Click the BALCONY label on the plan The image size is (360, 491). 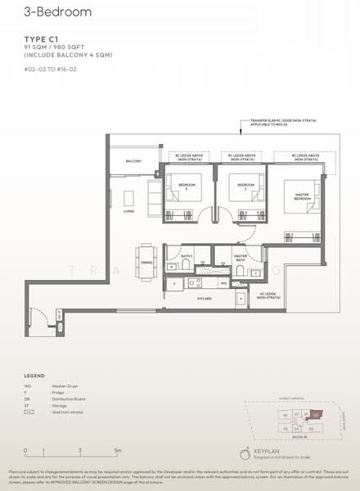click(x=133, y=162)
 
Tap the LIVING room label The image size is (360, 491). click(x=128, y=211)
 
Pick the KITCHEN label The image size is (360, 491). click(x=204, y=300)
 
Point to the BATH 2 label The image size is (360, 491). click(x=187, y=256)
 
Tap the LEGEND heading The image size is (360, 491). click(x=34, y=376)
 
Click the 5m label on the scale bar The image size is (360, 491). click(x=118, y=451)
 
